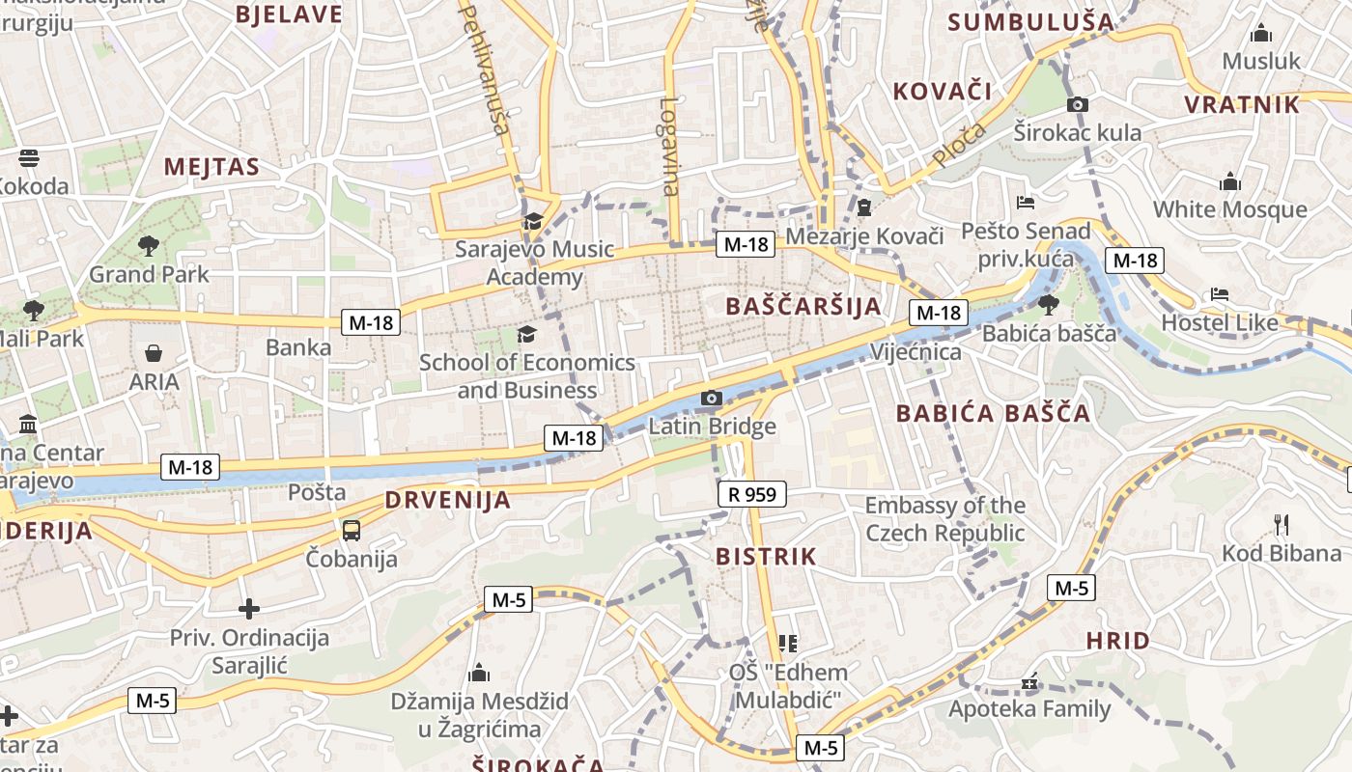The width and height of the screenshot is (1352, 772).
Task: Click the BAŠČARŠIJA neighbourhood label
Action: point(803,307)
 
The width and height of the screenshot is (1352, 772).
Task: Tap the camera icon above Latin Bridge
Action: point(711,398)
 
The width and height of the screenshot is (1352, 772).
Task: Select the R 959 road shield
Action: point(752,495)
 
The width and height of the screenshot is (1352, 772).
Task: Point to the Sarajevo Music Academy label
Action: point(535,263)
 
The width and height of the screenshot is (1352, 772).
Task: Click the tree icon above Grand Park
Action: point(148,246)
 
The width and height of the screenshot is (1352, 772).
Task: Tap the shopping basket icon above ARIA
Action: point(154,354)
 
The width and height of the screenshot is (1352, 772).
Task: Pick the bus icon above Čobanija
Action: point(351,530)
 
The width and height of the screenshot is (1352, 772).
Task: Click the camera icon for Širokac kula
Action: point(1078,104)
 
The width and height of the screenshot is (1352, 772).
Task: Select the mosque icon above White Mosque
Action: point(1229,181)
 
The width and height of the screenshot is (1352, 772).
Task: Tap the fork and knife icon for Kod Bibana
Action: point(1282,525)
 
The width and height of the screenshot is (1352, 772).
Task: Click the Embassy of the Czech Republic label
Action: point(944,519)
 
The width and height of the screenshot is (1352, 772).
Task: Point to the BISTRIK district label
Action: point(766,557)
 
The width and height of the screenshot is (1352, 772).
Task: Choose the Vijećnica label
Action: point(915,351)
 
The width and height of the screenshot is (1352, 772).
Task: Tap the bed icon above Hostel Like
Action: point(1220,294)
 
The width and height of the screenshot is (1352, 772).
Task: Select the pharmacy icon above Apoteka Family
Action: point(1029,681)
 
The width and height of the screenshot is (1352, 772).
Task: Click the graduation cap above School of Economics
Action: point(526,335)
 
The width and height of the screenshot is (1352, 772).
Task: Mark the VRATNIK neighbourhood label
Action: point(1242,104)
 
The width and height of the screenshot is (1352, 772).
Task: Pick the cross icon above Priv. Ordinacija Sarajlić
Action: point(249,609)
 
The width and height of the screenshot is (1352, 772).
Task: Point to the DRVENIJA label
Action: point(447,500)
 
